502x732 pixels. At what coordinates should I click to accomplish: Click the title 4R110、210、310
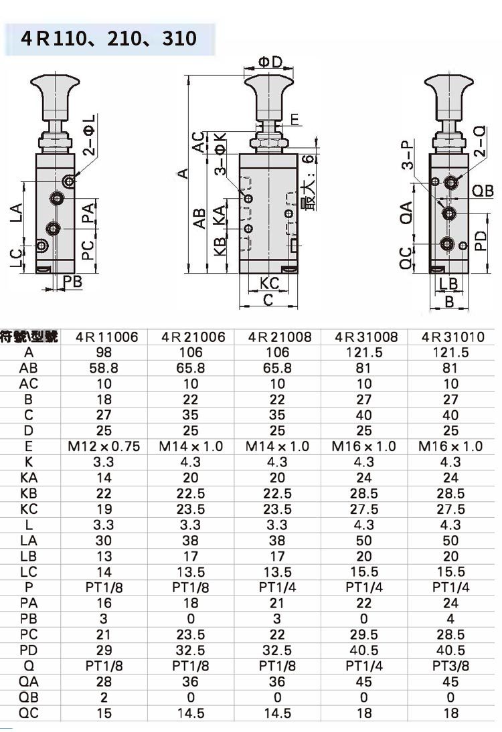click(x=109, y=38)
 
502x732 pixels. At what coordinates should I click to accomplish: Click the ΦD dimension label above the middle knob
click(x=270, y=62)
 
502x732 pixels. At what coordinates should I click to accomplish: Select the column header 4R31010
click(x=450, y=337)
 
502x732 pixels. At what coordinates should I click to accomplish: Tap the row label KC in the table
click(x=29, y=509)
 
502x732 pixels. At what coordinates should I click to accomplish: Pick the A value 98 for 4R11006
click(x=104, y=353)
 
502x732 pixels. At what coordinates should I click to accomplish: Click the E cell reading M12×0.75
click(x=104, y=446)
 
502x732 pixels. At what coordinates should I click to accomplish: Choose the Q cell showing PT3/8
click(x=450, y=666)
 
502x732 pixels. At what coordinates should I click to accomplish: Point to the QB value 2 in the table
click(x=104, y=697)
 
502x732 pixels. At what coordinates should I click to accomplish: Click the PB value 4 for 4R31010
click(x=450, y=618)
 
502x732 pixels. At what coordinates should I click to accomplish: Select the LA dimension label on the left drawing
click(x=16, y=213)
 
